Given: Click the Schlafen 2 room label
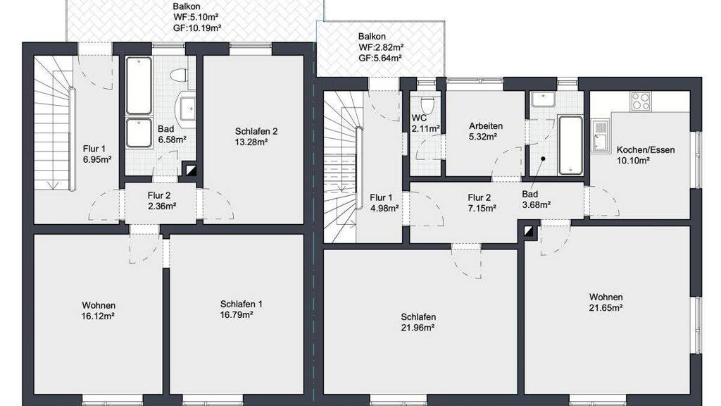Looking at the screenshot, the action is point(256,131).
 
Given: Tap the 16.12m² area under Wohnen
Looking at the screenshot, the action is point(99,316).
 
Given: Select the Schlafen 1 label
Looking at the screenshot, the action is point(242,304).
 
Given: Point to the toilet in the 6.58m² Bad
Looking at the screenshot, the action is point(178,74).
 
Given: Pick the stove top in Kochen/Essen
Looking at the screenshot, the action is point(641,101).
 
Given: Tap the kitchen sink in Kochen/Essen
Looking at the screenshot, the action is point(599,136).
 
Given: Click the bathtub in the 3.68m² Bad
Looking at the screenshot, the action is point(570,145).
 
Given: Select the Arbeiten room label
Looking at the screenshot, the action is point(486,125).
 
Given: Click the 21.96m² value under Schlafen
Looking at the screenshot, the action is point(418,328).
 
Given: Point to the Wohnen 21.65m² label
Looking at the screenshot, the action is point(606,302).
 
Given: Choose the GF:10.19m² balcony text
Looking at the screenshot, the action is point(197,27).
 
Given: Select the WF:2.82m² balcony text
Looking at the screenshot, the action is point(381,47).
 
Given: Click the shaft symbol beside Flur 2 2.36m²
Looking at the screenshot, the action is point(190,171).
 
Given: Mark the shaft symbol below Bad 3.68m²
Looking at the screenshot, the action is point(530,231).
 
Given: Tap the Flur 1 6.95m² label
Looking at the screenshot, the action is point(97,154).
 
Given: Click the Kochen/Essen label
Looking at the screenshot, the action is point(646,149).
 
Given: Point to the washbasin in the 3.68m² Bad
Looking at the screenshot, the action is point(544,99).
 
